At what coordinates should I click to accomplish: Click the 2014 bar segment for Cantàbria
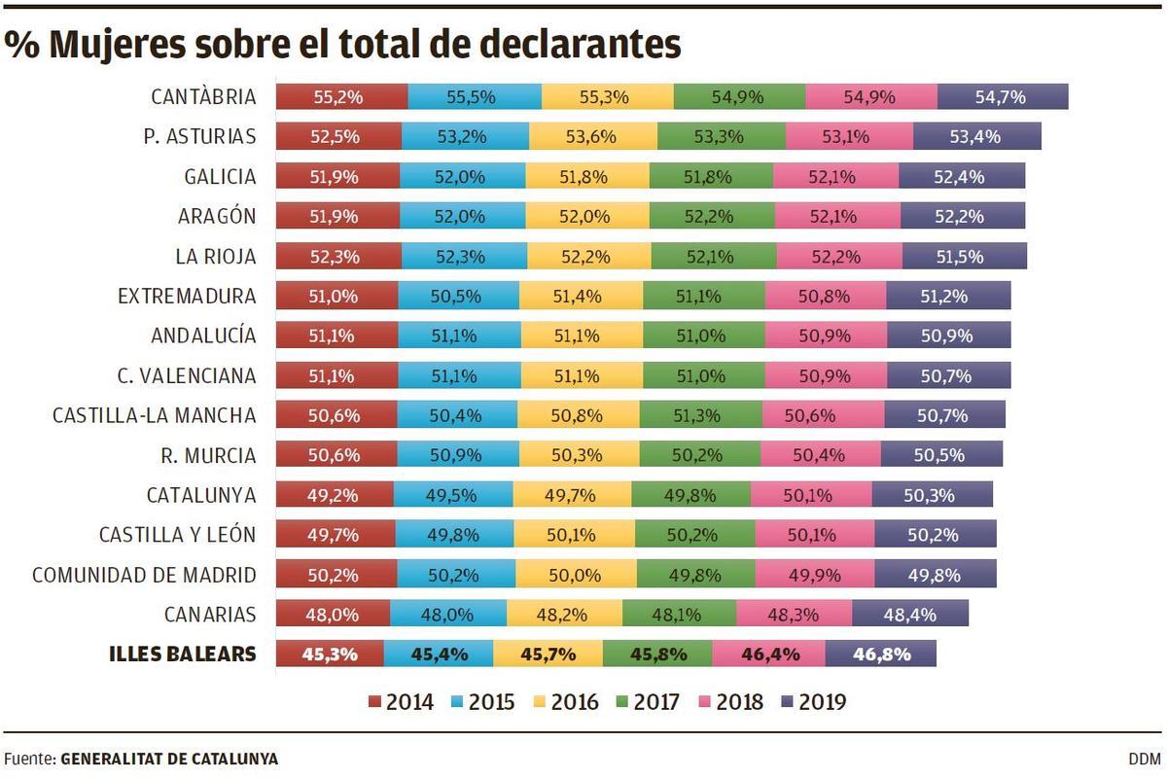341,97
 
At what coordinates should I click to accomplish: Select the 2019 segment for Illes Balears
880,654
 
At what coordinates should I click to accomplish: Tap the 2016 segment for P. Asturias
593,137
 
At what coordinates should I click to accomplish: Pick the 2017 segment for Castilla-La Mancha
700,415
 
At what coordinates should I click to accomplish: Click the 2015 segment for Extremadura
458,296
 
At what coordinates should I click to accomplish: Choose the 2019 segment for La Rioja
964,257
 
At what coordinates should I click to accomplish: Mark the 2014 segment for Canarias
333,614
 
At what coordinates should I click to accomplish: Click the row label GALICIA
220,177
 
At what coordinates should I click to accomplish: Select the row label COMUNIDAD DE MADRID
144,575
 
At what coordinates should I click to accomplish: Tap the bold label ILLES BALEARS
183,654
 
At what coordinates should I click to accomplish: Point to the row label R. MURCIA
208,455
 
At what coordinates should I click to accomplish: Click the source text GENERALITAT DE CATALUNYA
169,759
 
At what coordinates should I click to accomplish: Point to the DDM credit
1145,759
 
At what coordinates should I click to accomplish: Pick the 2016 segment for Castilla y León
574,534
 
